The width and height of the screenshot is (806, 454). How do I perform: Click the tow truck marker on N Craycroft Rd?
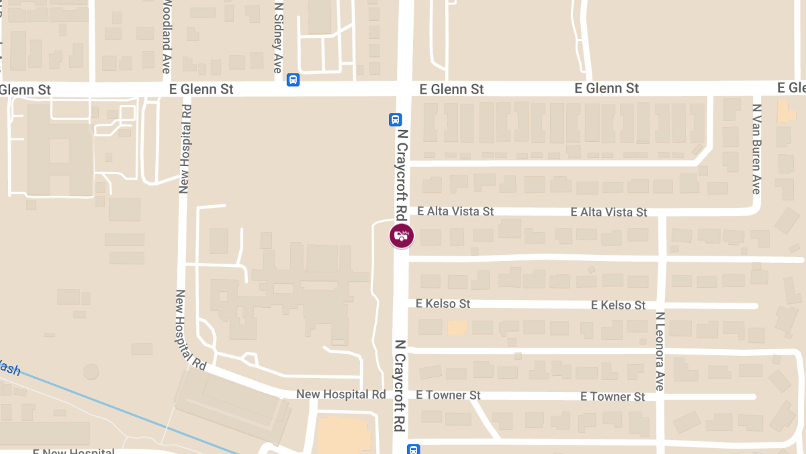[x=402, y=236]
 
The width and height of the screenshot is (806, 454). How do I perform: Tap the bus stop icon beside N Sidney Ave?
[x=294, y=80]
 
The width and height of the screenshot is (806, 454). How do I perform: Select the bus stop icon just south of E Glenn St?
[x=396, y=120]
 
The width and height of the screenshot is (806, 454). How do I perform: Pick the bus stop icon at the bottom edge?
[x=414, y=449]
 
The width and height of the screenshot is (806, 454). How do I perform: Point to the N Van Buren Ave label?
[x=756, y=149]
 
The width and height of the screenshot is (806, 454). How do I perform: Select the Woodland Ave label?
[x=167, y=37]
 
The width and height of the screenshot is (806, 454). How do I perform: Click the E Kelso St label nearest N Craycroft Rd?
[x=443, y=304]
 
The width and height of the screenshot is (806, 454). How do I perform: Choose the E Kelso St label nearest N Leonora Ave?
[x=618, y=305]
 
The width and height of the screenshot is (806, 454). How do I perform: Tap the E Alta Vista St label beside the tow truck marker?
[x=455, y=211]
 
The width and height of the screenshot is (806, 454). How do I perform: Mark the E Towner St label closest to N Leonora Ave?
[x=613, y=397]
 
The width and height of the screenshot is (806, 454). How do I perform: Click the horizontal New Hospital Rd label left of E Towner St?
[x=341, y=394]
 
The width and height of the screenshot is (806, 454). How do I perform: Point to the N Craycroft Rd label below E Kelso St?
[x=400, y=385]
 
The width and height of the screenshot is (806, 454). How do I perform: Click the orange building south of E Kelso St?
[x=457, y=328]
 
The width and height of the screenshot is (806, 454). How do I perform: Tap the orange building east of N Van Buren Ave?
[x=786, y=111]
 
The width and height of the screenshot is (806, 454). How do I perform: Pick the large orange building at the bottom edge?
[x=343, y=436]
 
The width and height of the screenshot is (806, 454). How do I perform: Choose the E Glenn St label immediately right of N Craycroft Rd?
[x=451, y=89]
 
